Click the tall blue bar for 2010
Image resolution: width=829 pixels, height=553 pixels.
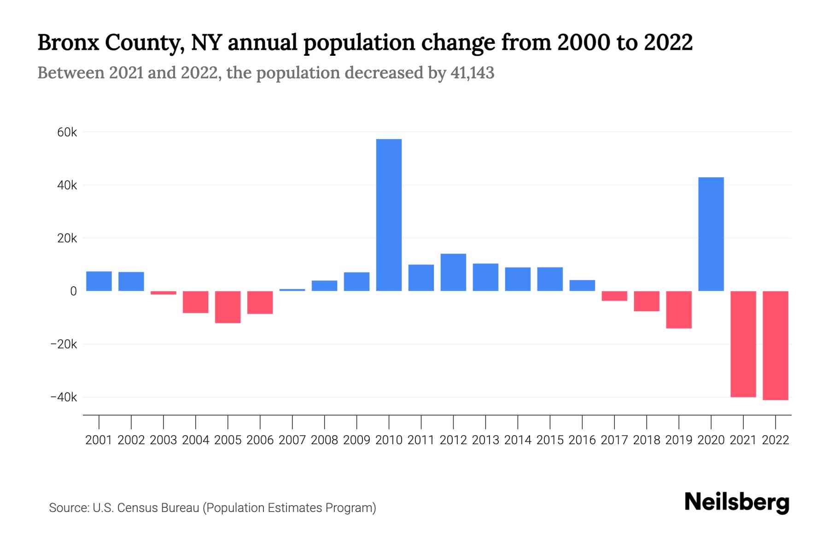click(389, 215)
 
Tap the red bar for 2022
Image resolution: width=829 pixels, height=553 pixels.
click(775, 345)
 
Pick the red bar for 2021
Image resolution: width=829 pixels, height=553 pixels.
click(743, 344)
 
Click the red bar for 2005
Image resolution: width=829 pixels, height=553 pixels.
click(228, 307)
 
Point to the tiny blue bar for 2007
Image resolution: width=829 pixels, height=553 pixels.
click(292, 290)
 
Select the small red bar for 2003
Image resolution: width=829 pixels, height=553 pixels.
click(163, 293)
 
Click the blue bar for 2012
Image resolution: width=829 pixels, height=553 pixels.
click(453, 272)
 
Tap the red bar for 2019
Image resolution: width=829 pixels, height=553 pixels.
click(678, 310)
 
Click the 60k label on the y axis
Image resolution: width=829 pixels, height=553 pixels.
click(67, 133)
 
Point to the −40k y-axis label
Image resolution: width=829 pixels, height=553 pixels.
click(64, 397)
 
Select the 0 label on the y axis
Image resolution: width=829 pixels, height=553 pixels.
click(73, 291)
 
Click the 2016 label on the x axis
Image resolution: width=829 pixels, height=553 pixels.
click(582, 440)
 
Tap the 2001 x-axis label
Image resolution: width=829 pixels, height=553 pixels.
click(99, 440)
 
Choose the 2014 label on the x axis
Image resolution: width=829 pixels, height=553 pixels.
click(518, 440)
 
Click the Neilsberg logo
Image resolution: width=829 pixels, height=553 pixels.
click(737, 502)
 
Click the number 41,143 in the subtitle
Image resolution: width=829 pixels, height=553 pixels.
click(472, 73)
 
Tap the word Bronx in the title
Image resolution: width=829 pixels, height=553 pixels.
click(68, 42)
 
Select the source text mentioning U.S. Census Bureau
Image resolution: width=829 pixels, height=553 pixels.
click(212, 508)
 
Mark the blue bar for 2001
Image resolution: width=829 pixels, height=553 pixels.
click(99, 281)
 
